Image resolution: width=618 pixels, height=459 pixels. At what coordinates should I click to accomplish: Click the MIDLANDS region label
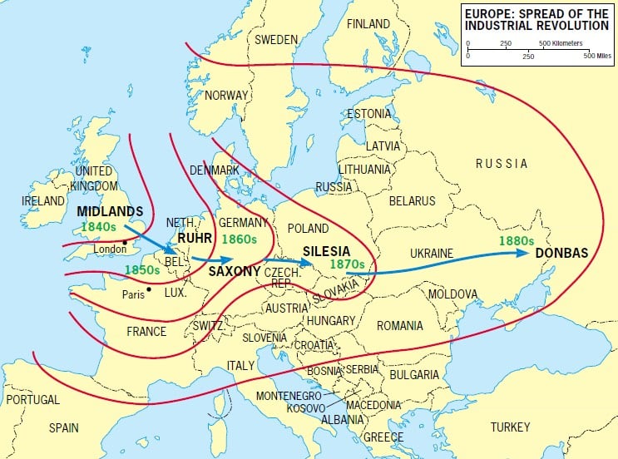[110, 211]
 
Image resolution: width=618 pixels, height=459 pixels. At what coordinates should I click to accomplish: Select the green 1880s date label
[516, 241]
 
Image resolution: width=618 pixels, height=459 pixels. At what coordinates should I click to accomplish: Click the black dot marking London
[125, 243]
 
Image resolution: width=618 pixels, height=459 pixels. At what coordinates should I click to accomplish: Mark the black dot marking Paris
[148, 289]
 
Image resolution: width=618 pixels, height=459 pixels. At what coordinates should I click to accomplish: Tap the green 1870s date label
[347, 264]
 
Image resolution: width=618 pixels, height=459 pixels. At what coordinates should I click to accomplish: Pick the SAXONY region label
[235, 272]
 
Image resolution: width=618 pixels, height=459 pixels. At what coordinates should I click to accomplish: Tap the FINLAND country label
[368, 23]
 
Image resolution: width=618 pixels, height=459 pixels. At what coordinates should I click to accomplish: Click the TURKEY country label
[510, 427]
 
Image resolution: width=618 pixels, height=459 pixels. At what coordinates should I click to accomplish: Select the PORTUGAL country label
[32, 400]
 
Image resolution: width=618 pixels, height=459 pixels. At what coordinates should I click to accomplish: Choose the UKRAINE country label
[432, 253]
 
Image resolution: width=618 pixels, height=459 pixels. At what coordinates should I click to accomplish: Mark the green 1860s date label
[241, 239]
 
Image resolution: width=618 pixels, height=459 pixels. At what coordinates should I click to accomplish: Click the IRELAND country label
[43, 201]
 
